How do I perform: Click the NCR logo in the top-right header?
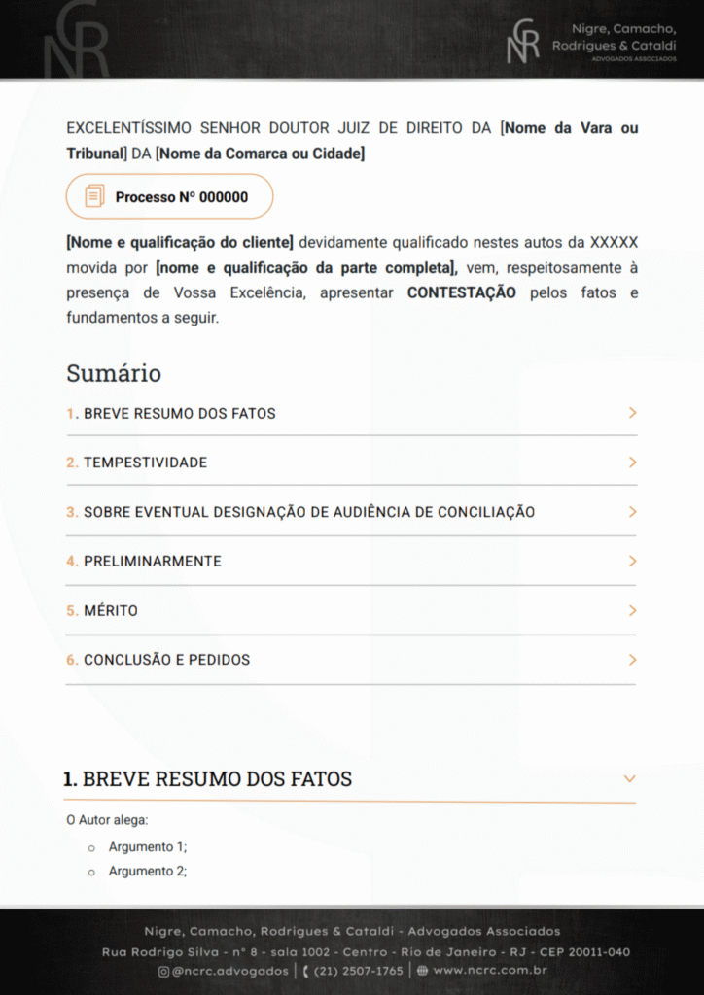(523, 42)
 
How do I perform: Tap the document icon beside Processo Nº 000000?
(94, 196)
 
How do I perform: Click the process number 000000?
(224, 197)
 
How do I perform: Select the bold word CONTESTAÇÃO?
(462, 292)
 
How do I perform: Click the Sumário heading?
(114, 373)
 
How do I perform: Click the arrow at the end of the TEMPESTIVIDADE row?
(632, 463)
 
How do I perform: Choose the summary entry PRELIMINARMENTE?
(152, 561)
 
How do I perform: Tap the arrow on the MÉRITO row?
(632, 610)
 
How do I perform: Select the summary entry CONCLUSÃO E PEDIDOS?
(166, 660)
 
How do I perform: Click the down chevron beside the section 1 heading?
(629, 779)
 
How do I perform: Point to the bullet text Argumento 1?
(147, 846)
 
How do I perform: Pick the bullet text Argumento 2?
(147, 871)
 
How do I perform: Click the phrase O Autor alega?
(107, 820)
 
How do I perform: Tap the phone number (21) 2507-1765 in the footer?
(358, 971)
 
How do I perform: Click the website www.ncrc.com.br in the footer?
(489, 971)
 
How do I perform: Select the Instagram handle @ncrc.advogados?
(229, 971)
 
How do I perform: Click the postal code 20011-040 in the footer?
(591, 952)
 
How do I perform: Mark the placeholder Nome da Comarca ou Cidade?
(260, 154)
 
